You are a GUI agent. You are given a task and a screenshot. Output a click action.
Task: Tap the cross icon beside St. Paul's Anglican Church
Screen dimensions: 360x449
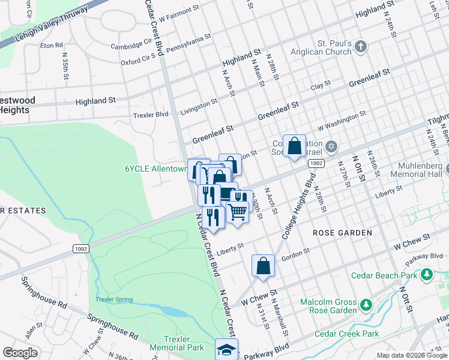[x=360, y=46]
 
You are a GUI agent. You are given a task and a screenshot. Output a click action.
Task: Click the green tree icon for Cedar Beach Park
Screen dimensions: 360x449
[x=426, y=275]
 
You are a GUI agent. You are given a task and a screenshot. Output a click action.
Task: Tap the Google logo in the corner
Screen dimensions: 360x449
[x=20, y=353]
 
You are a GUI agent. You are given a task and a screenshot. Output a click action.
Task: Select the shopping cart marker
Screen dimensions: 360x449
[x=238, y=212]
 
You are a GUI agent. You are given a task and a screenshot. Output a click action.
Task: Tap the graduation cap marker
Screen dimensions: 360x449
[x=227, y=349]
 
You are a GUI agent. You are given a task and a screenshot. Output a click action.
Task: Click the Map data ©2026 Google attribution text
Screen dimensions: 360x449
[x=411, y=355]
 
